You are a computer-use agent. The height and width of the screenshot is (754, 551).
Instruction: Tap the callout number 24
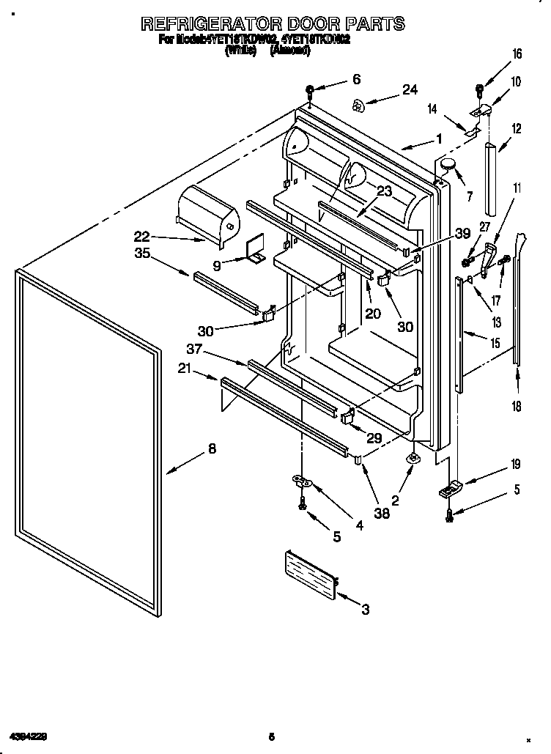click(409, 90)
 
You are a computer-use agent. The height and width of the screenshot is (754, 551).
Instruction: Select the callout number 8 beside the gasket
click(212, 450)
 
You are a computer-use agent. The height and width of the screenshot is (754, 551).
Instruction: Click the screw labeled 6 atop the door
click(310, 91)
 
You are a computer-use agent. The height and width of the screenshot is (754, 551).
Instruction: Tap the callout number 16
click(517, 53)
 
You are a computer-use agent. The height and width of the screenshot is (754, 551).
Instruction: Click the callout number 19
click(516, 463)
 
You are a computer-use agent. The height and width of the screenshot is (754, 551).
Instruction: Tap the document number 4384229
click(29, 734)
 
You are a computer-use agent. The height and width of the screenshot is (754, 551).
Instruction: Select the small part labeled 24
click(358, 106)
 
